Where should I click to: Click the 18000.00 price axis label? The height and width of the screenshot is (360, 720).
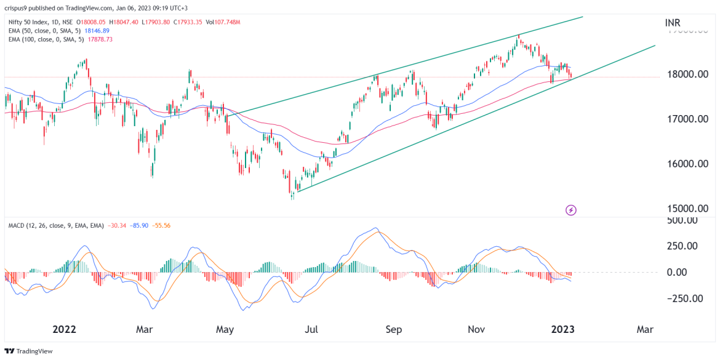click(x=688, y=74)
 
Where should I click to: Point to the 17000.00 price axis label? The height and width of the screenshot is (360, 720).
click(x=688, y=119)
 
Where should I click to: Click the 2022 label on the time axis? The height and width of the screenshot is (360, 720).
click(x=64, y=329)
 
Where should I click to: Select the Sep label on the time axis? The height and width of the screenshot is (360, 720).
click(x=394, y=329)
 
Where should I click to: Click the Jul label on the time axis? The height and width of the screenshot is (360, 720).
click(x=312, y=329)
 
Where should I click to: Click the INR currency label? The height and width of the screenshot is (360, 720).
click(x=673, y=23)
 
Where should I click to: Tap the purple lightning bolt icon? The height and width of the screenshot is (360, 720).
click(x=571, y=210)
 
